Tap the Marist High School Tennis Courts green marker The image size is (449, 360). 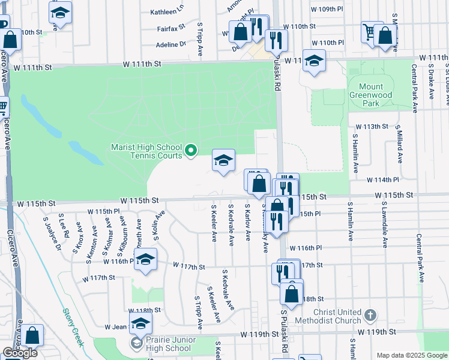191,150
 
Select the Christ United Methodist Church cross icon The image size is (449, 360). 371,315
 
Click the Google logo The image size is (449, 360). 20,353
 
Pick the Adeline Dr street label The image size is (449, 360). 171,44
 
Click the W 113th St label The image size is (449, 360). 372,127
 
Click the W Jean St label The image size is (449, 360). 118,327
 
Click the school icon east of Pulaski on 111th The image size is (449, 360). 314,61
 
